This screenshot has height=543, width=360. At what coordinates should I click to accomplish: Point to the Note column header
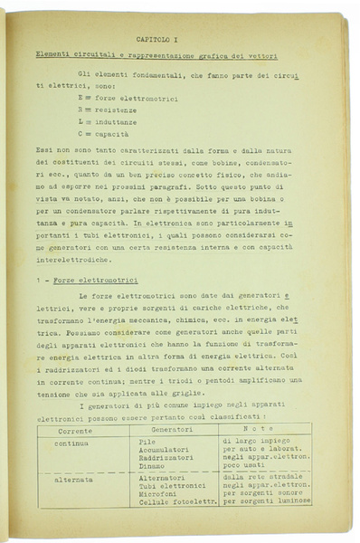tap(265, 428)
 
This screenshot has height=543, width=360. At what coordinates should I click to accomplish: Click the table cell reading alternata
tap(74, 480)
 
